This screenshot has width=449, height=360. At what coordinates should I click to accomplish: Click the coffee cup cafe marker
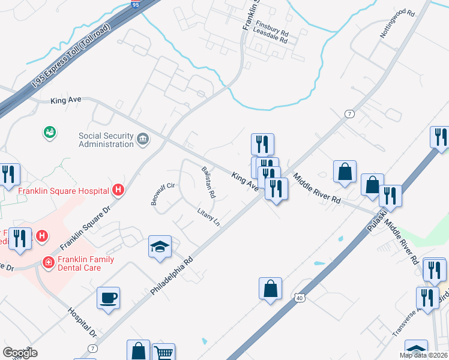(108, 298)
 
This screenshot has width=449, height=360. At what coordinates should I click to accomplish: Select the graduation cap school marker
(160, 247)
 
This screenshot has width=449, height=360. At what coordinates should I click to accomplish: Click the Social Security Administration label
(106, 140)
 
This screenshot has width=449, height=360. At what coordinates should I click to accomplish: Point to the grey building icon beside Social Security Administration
(143, 140)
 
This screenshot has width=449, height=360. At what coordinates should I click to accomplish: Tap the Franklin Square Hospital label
(63, 191)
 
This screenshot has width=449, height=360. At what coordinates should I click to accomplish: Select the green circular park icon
(50, 131)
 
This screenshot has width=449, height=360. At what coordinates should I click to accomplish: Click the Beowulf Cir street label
(163, 194)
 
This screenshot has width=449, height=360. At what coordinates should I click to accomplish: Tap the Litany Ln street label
(208, 218)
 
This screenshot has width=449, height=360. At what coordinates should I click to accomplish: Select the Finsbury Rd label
(272, 27)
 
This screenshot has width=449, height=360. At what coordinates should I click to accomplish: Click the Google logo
(20, 353)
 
